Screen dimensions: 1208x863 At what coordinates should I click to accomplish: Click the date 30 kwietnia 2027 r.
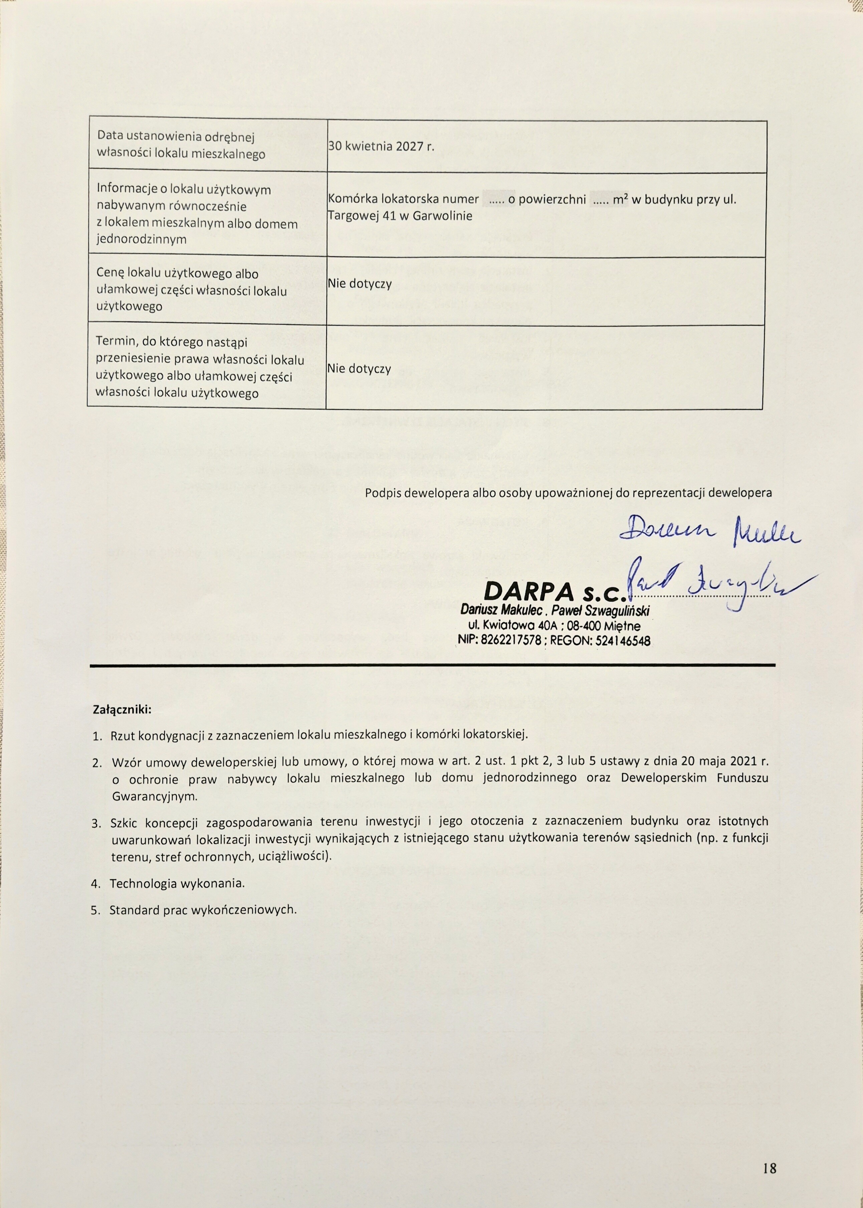(381, 147)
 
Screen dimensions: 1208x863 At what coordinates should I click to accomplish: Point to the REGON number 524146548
(623, 641)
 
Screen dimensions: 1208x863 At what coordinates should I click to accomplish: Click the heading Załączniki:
(122, 709)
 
